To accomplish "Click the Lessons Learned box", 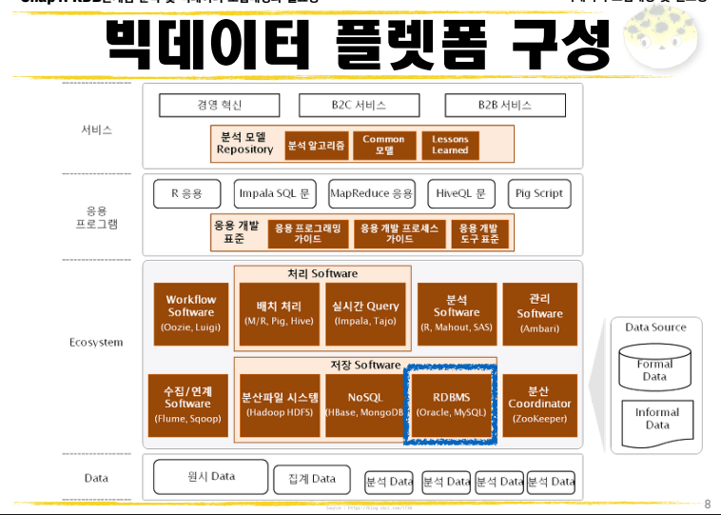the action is pos(450,145).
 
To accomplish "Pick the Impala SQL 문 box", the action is pos(274,193).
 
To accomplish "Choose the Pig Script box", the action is pos(538,193).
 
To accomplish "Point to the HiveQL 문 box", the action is pos(460,193).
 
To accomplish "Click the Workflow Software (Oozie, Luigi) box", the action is pos(191,312).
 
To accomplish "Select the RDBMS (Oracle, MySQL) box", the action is pos(450,405).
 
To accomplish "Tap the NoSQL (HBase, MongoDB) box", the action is pos(364,405).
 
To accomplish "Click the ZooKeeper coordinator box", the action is pos(539,405).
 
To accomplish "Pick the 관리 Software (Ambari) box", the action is pos(539,312).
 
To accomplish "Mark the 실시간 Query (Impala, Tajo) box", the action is pos(366,312).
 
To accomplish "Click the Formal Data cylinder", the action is pos(654,368).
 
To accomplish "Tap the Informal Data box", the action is pos(656,419).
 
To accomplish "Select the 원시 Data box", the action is pos(210,475).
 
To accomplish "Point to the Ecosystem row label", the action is pos(96,343).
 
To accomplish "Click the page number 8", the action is pos(707,503).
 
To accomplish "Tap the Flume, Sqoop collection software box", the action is pos(187,405).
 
